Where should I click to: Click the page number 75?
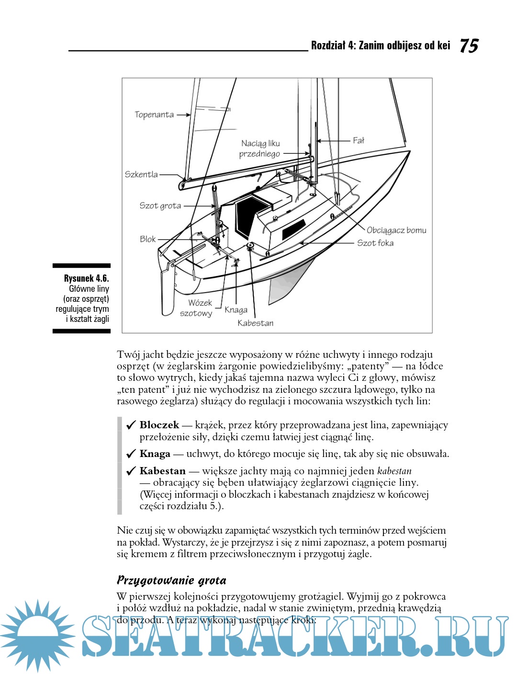click(x=469, y=46)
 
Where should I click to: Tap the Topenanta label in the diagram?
click(x=154, y=115)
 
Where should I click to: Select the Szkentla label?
click(x=141, y=175)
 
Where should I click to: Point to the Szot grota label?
click(x=160, y=206)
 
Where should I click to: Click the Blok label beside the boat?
click(x=148, y=239)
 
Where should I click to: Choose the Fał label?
click(x=359, y=140)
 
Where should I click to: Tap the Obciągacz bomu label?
click(x=396, y=230)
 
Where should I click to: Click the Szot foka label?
click(x=375, y=243)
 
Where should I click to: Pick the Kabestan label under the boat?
click(x=256, y=323)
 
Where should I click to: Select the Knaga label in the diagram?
click(x=236, y=310)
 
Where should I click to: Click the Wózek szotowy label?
click(x=197, y=308)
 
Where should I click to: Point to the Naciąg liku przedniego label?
click(x=260, y=149)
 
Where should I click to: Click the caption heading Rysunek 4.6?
click(x=86, y=278)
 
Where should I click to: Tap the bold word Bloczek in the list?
click(x=159, y=425)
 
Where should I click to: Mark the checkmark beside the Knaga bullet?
click(x=131, y=454)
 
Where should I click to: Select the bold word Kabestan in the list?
click(x=162, y=471)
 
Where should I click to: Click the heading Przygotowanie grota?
click(x=171, y=581)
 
